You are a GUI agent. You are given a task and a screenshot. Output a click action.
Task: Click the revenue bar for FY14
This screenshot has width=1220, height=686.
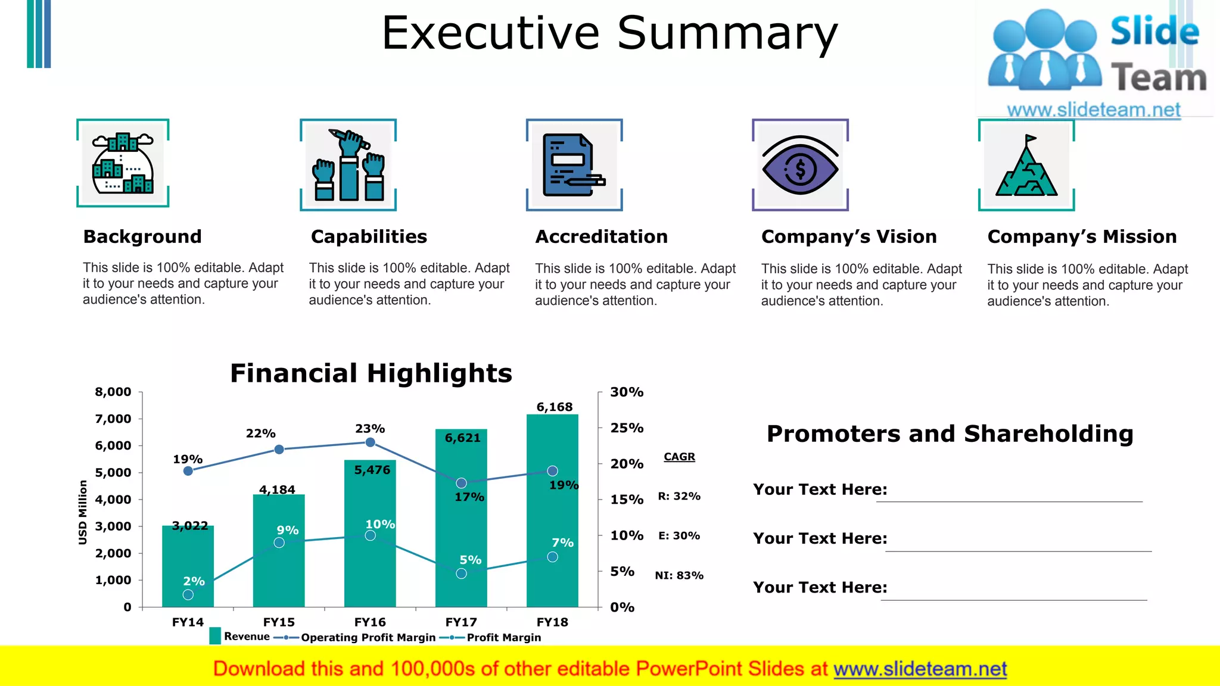pyautogui.click(x=188, y=566)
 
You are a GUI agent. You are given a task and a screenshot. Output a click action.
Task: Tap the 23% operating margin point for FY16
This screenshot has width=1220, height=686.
pyautogui.click(x=370, y=442)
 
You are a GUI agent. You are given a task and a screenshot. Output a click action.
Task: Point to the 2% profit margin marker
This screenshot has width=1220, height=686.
pyautogui.click(x=188, y=594)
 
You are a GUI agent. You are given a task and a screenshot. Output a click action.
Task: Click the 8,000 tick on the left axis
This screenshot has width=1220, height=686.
pyautogui.click(x=113, y=392)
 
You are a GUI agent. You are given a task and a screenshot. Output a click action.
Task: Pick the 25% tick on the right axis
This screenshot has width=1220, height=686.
pyautogui.click(x=627, y=428)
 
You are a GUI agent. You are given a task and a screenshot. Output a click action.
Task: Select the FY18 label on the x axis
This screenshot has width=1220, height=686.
pyautogui.click(x=552, y=622)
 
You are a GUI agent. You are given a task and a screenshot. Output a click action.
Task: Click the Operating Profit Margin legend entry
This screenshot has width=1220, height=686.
pyautogui.click(x=368, y=638)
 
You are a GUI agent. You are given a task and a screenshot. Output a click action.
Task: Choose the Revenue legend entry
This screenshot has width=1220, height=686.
pyautogui.click(x=246, y=637)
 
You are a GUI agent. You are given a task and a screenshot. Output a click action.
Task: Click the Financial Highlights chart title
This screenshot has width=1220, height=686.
pyautogui.click(x=371, y=373)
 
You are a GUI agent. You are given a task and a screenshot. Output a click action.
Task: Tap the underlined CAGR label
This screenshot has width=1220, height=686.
pyautogui.click(x=679, y=457)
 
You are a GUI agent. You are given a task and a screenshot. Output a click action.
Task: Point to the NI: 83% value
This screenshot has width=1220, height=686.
pyautogui.click(x=679, y=575)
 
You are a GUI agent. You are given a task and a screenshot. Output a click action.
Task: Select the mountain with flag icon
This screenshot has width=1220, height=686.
pyautogui.click(x=1026, y=167)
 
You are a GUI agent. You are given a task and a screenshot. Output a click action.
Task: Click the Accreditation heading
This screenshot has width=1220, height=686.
pyautogui.click(x=601, y=236)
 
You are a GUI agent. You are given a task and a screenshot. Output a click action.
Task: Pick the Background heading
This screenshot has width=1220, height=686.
pyautogui.click(x=142, y=236)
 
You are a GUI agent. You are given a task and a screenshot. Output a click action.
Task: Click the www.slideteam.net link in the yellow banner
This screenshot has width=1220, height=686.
pyautogui.click(x=920, y=669)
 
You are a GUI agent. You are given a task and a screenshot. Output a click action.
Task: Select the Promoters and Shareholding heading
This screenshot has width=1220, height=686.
pyautogui.click(x=950, y=434)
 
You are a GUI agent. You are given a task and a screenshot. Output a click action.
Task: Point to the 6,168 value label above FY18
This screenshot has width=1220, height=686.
pyautogui.click(x=554, y=407)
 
